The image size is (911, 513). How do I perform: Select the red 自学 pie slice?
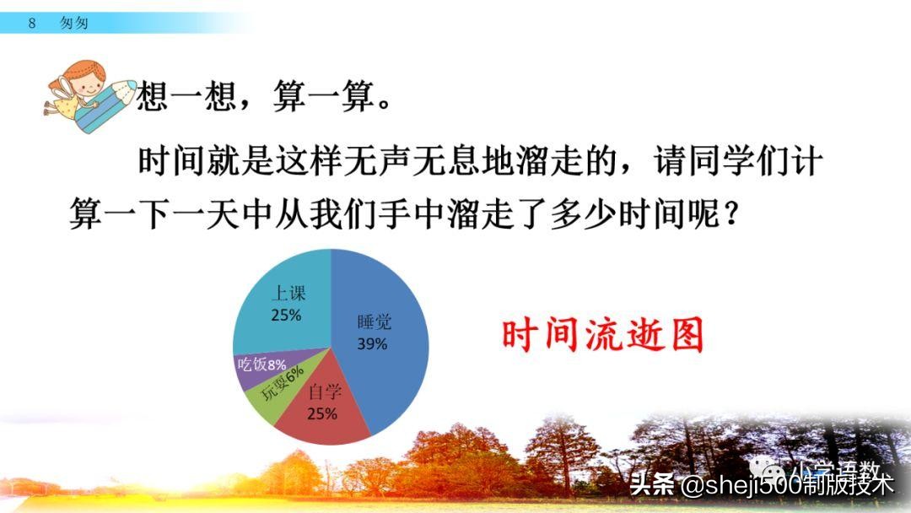tap(325, 413)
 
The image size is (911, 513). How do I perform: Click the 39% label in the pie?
tap(372, 344)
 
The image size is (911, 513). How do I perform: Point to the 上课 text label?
tap(288, 294)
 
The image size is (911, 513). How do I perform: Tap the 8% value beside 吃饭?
tap(277, 365)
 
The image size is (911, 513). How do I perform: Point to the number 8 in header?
tap(32, 24)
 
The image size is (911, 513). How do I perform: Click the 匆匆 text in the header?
tap(74, 24)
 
